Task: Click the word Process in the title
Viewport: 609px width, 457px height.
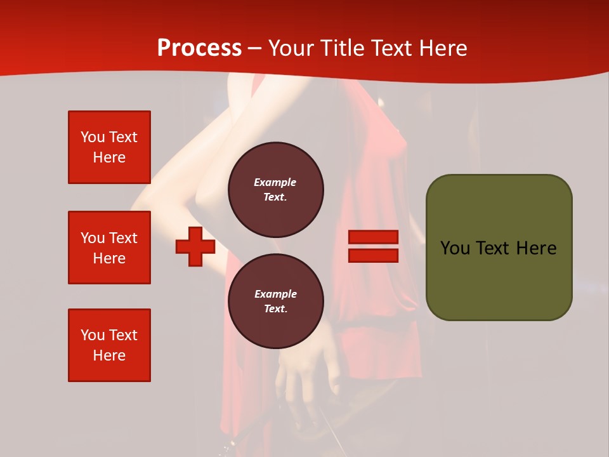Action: (199, 48)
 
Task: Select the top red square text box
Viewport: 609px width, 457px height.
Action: (109, 147)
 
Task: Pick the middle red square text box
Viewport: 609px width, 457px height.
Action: (109, 248)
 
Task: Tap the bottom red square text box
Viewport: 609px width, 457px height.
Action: (109, 345)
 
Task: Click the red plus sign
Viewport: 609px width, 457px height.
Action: (195, 247)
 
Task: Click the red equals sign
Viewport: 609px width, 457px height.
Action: (373, 246)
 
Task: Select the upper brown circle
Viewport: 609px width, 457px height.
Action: (276, 190)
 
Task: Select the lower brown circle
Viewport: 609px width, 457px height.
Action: (276, 301)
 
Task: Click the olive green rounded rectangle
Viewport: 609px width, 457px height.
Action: (499, 248)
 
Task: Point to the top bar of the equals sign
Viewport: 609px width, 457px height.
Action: (373, 237)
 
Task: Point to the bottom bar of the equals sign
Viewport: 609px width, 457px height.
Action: (373, 255)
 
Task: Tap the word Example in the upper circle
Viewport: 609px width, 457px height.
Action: (275, 182)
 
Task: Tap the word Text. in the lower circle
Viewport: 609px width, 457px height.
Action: (275, 309)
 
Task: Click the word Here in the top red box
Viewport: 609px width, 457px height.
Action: (109, 157)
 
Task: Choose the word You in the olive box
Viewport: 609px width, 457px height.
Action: (455, 248)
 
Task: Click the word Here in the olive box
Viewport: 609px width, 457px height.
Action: (536, 248)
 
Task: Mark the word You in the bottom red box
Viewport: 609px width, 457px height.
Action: (92, 335)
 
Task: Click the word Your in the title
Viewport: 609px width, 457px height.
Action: (291, 48)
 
